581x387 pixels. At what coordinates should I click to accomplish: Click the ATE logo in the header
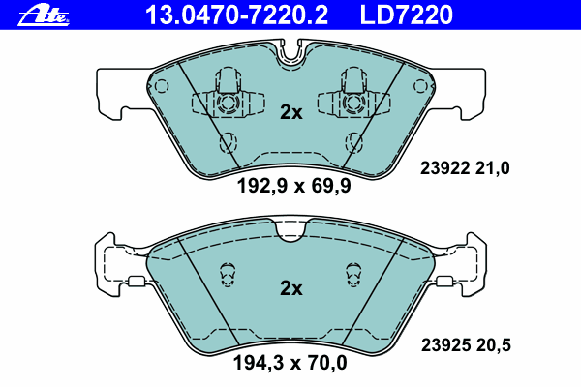44,16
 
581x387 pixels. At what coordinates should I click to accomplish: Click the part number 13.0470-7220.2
236,15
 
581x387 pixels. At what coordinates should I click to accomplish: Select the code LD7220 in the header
406,15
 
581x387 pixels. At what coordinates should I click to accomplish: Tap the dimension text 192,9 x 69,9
293,186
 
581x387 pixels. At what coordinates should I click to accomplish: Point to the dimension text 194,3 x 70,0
290,363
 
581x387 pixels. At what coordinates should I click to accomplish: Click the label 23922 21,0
465,168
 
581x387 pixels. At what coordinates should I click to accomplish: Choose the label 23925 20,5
466,345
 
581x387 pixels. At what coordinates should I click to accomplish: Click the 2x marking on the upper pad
291,112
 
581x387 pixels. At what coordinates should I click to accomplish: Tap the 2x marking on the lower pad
291,288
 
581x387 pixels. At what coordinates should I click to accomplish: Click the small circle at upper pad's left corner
161,86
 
